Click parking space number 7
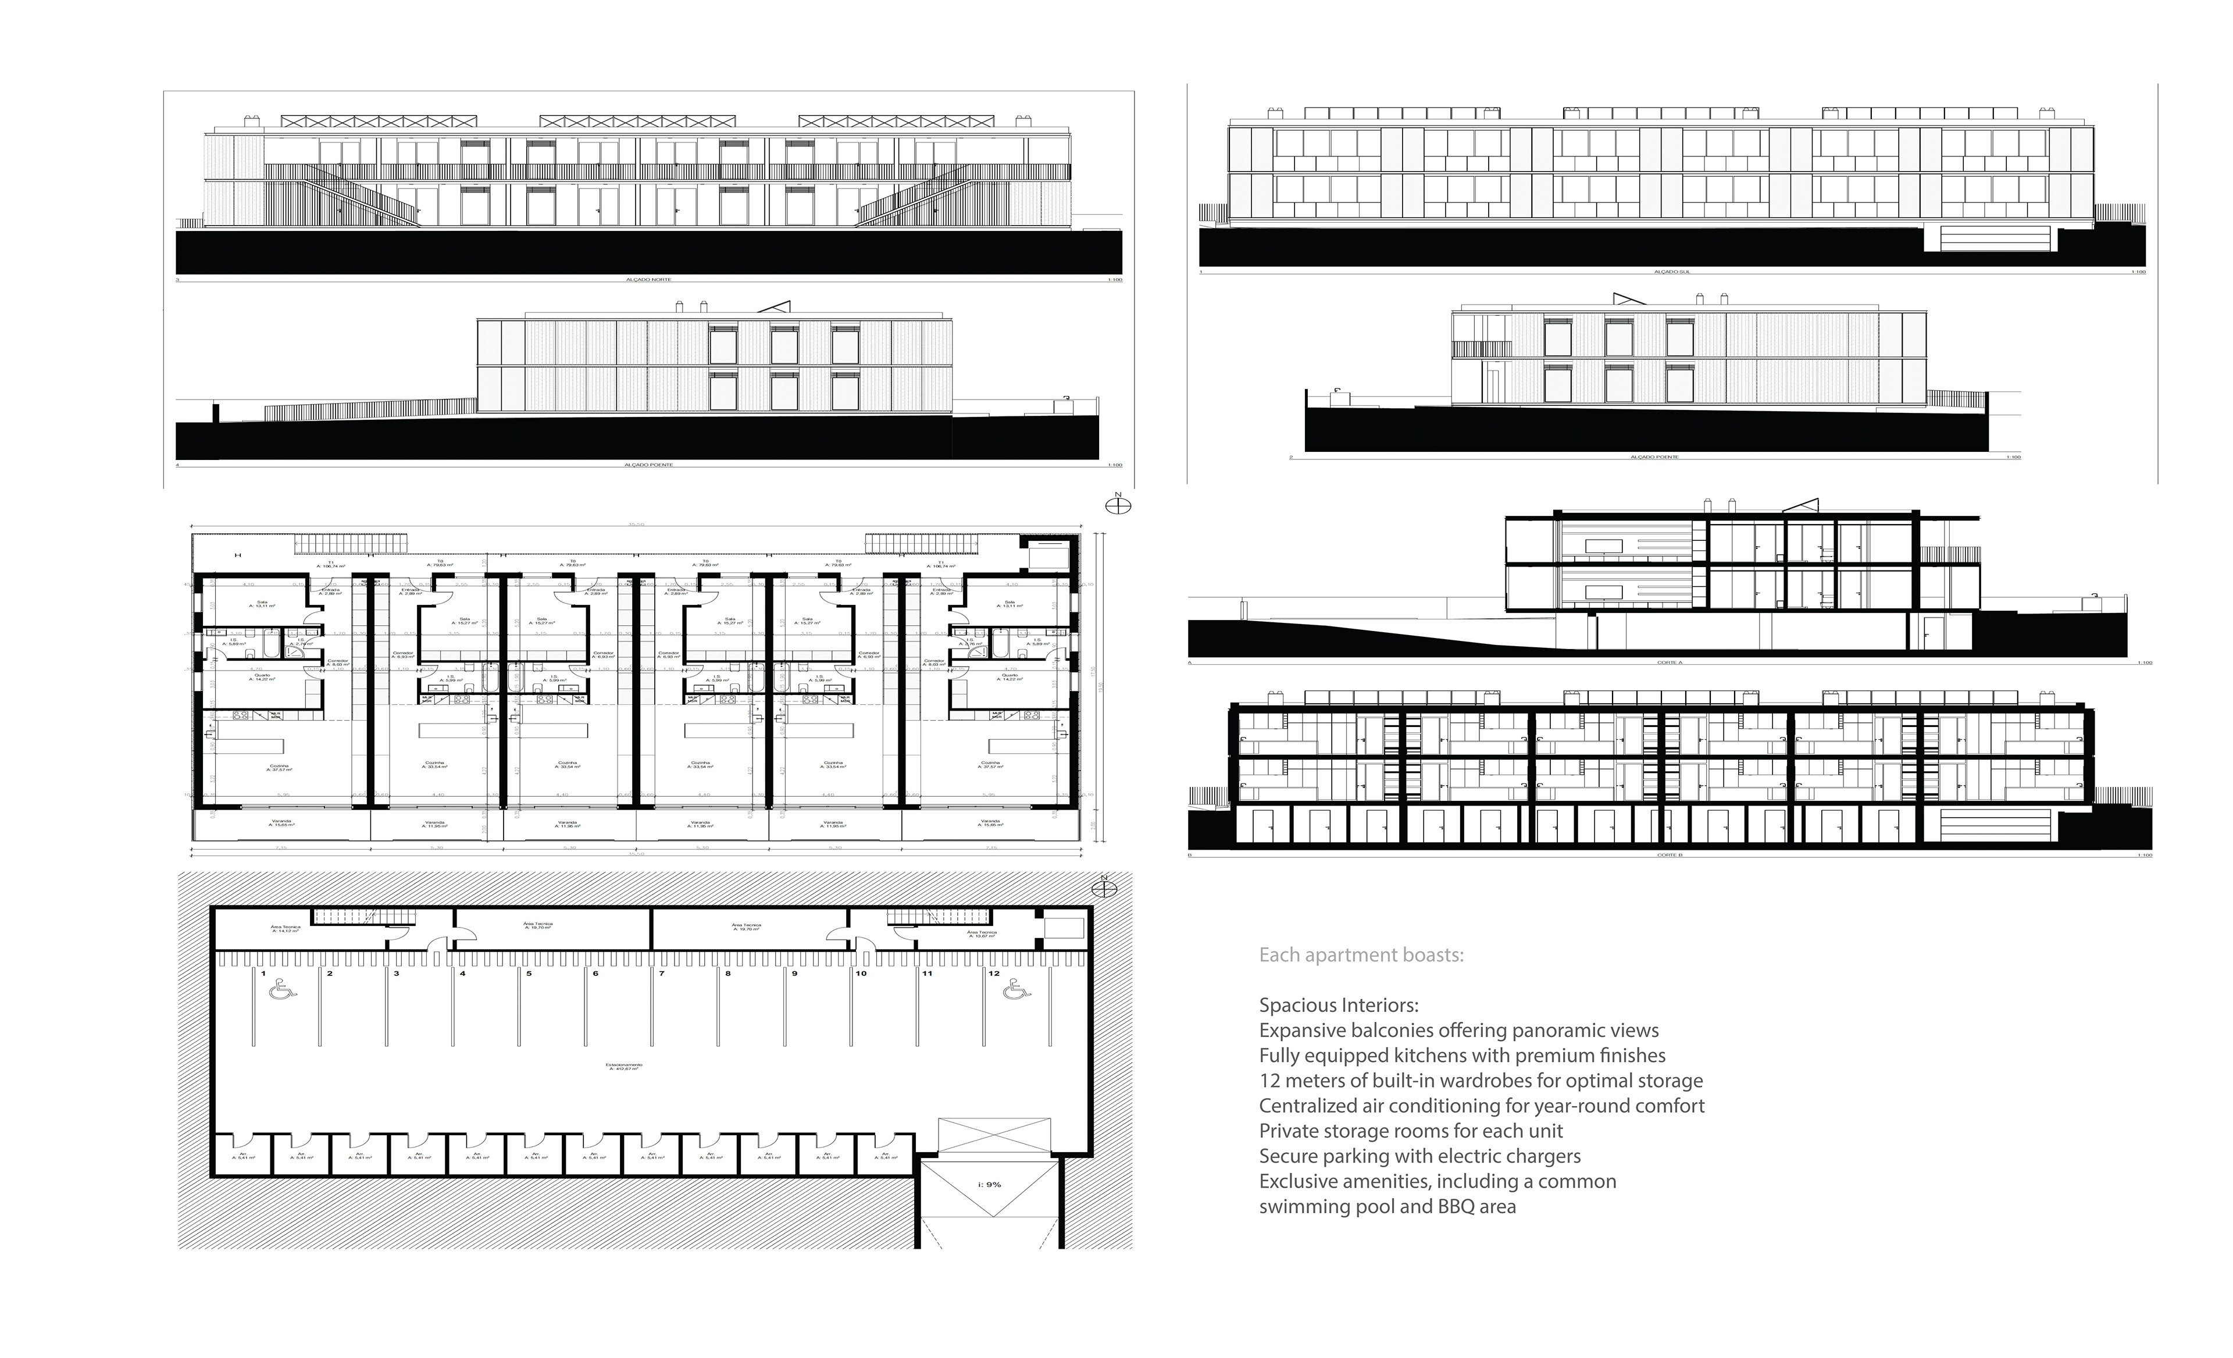click(662, 974)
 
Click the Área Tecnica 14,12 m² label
click(286, 928)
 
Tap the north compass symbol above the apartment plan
click(1118, 505)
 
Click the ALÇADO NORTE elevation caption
click(649, 280)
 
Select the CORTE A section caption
click(1670, 662)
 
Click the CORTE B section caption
click(1670, 855)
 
